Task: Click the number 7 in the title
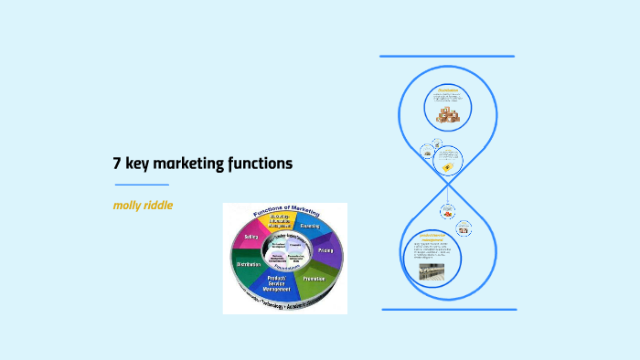click(x=117, y=164)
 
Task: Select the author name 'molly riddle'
click(x=143, y=205)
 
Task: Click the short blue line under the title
click(x=141, y=185)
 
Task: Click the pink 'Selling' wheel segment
click(x=248, y=237)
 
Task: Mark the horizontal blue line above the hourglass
click(x=447, y=57)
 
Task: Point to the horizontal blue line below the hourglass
click(x=447, y=309)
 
